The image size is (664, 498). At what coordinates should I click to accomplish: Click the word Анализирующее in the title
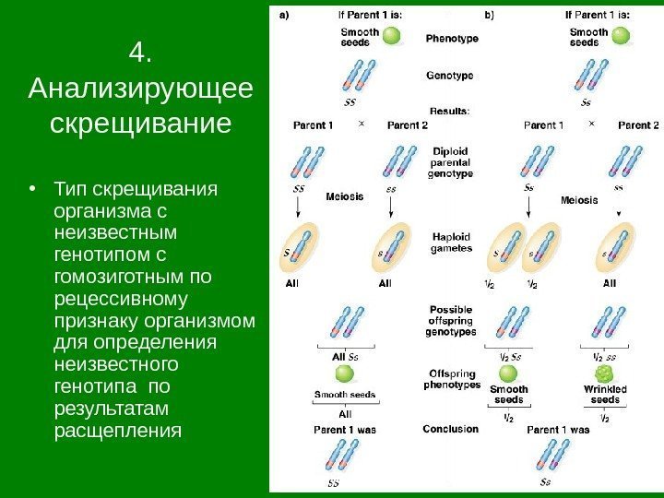click(140, 89)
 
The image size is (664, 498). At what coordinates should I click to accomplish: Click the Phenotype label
click(451, 39)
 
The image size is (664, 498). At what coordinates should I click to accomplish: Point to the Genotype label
click(450, 75)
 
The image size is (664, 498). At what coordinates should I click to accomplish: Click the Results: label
click(450, 110)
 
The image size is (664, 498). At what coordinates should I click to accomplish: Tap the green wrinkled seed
click(605, 373)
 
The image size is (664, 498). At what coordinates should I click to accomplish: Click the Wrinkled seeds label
click(605, 395)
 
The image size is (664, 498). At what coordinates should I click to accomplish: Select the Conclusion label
click(450, 429)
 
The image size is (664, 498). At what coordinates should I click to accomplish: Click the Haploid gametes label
click(452, 242)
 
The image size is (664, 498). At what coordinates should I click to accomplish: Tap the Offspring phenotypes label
click(452, 379)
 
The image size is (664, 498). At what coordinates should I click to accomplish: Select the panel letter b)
click(488, 14)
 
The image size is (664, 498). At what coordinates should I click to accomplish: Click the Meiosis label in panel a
click(345, 196)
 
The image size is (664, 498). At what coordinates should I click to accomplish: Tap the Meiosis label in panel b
click(580, 200)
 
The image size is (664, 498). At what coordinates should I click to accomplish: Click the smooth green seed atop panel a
click(392, 37)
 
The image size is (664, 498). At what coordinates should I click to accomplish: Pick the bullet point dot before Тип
click(34, 191)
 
